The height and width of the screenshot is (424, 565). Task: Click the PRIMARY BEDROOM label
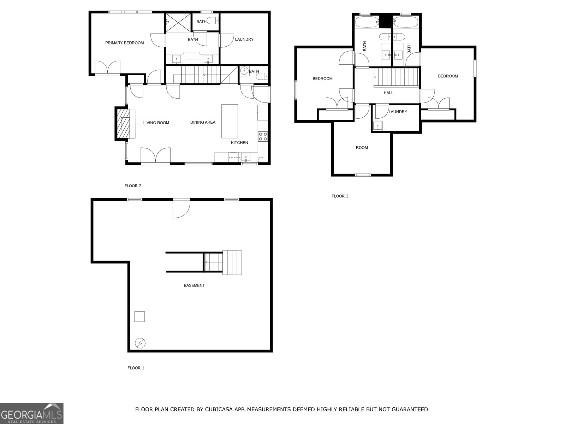[124, 43]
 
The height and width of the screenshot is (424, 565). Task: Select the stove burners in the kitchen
[263, 136]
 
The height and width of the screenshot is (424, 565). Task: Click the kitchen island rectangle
[230, 121]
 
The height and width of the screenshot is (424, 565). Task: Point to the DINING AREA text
[203, 122]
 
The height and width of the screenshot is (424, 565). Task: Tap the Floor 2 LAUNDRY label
[244, 39]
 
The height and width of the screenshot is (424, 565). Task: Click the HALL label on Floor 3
[388, 93]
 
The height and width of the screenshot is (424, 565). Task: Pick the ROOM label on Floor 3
[362, 148]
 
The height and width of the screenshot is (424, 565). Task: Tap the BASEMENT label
[194, 285]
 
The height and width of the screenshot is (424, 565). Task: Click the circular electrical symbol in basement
[140, 343]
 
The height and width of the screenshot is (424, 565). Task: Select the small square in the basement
[139, 317]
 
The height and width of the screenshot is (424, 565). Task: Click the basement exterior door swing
[181, 208]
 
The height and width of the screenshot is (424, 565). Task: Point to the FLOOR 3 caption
[340, 196]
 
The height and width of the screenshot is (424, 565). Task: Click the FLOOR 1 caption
[136, 368]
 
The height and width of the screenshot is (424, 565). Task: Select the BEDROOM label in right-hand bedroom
[448, 76]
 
